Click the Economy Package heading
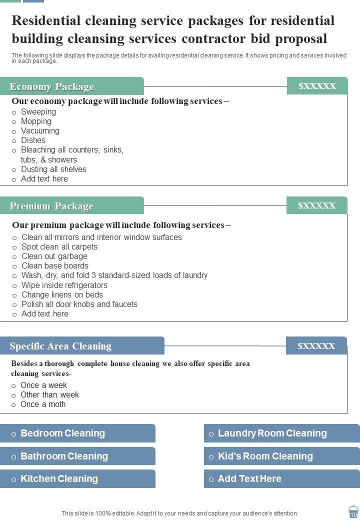52,86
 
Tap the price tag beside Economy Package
317,86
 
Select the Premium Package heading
51,206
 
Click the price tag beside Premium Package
316,205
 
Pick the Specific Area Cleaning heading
60,346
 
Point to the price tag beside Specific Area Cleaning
316,345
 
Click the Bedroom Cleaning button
77,433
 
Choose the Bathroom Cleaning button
77,456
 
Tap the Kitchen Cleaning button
77,478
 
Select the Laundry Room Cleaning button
281,433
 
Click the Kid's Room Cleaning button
281,456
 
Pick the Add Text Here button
281,478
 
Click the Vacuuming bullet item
40,131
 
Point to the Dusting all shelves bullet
53,169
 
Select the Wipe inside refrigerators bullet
64,285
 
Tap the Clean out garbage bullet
54,256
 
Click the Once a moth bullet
43,404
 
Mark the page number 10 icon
353,513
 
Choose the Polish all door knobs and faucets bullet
79,304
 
